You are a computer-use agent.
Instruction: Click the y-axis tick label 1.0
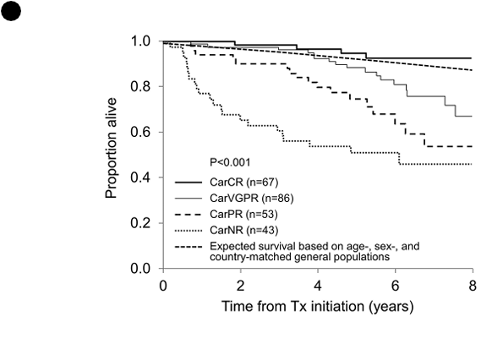point(141,41)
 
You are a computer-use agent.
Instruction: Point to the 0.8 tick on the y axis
point(141,86)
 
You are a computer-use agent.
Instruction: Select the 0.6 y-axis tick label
point(141,132)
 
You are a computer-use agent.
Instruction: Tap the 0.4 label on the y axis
point(141,177)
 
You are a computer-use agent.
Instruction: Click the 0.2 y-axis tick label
point(141,223)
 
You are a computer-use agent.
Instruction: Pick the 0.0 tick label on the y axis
point(141,269)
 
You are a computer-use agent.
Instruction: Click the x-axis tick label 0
point(162,286)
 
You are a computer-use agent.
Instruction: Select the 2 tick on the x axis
point(240,286)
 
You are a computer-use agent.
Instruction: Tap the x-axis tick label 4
point(318,286)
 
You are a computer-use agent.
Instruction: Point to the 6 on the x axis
point(395,286)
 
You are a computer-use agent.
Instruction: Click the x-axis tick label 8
point(473,286)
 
